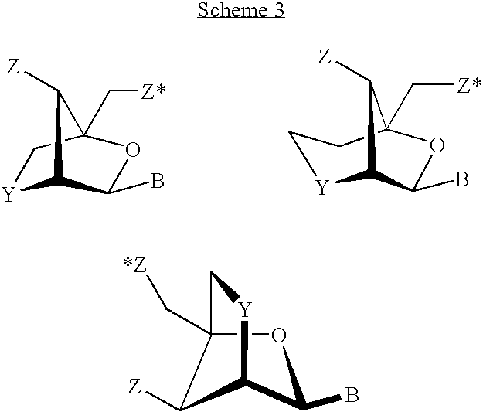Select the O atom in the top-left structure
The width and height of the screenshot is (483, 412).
[132, 149]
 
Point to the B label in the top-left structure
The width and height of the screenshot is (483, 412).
[157, 182]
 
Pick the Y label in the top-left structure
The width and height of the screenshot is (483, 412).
[9, 194]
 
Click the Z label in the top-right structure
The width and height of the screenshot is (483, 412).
[325, 56]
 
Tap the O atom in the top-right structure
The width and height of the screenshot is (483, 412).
[438, 145]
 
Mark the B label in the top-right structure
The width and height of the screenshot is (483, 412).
[461, 180]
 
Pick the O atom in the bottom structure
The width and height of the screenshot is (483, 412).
[279, 335]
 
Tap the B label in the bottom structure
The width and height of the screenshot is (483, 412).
[351, 397]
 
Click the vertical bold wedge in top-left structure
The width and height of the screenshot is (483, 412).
[56, 139]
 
